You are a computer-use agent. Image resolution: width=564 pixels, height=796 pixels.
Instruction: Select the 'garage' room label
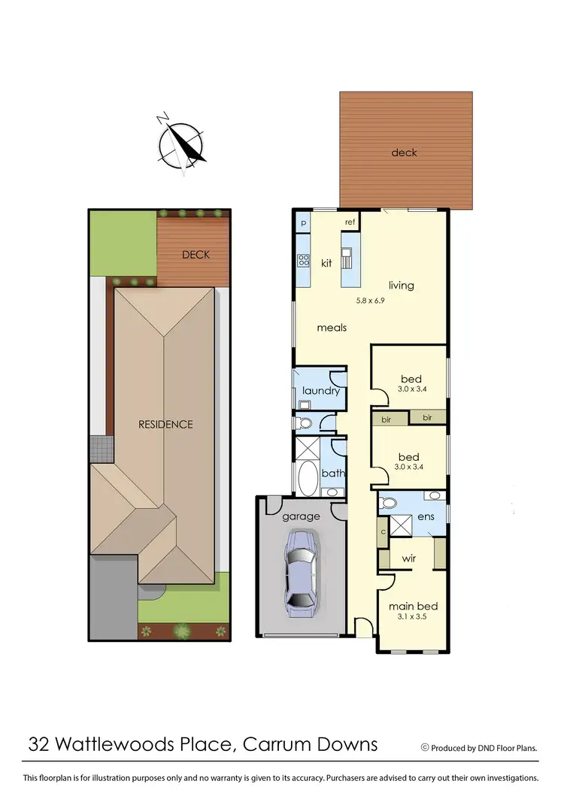[301, 516]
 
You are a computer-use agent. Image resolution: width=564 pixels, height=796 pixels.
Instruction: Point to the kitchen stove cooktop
[304, 261]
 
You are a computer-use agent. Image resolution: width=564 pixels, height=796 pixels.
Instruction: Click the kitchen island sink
[348, 260]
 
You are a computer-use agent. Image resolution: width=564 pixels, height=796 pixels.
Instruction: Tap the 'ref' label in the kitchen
[350, 222]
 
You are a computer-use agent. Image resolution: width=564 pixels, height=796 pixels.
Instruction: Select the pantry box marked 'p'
[303, 223]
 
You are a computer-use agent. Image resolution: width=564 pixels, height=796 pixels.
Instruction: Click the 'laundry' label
[320, 391]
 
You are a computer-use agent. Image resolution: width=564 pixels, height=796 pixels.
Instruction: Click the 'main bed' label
[413, 606]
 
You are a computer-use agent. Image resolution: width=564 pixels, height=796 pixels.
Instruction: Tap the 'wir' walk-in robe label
[409, 558]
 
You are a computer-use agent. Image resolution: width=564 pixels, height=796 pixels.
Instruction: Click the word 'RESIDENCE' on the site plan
[165, 424]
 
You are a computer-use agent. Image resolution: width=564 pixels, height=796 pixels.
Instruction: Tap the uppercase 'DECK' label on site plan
[196, 255]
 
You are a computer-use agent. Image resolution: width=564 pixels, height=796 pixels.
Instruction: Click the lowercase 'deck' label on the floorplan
[404, 153]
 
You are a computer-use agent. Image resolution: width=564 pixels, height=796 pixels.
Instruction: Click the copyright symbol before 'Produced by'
[425, 747]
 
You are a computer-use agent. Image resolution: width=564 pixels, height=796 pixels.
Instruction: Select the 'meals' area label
[331, 328]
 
